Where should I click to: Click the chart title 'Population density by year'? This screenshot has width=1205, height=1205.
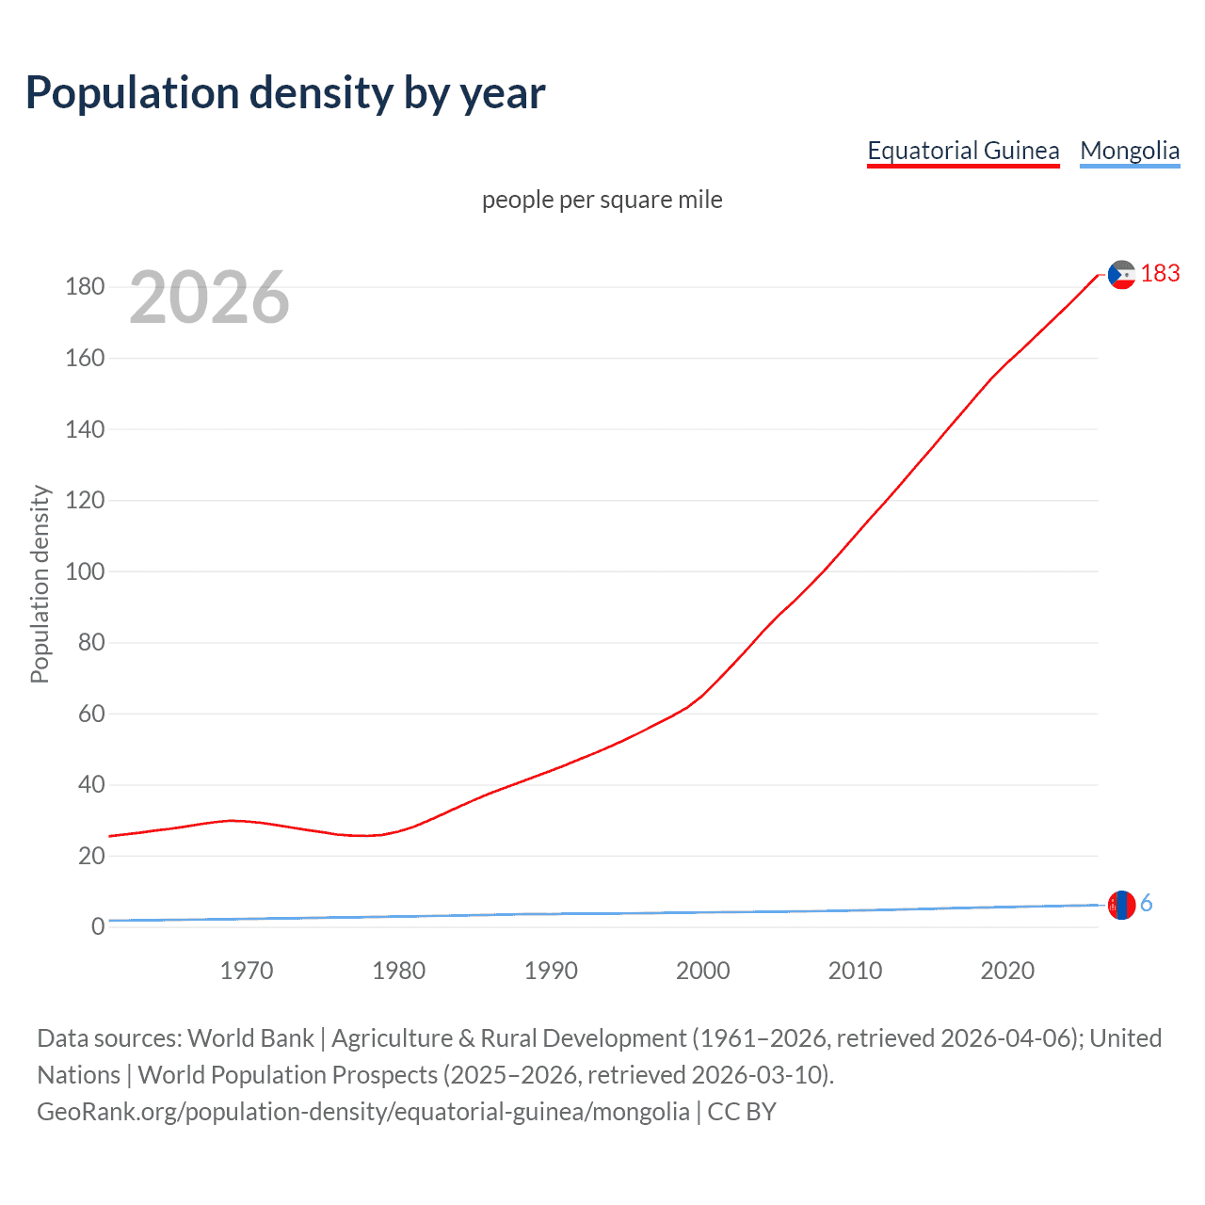coord(285,93)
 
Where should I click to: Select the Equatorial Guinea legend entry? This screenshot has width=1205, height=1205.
coord(963,151)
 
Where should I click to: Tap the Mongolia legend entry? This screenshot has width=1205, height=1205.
coord(1129,151)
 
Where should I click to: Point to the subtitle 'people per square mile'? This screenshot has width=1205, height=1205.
coord(602,200)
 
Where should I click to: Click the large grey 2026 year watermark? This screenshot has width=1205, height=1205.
coord(209,297)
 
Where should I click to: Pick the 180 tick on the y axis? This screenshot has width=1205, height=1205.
coord(85,286)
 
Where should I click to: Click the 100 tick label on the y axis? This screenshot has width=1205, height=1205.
coord(85,571)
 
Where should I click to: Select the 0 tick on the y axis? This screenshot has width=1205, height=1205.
coord(98,927)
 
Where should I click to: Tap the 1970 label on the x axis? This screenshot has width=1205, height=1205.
coord(247,971)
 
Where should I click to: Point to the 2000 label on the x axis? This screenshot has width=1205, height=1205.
coord(703,971)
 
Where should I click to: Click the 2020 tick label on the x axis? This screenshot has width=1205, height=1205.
coord(1007,971)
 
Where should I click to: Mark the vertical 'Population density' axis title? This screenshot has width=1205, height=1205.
coord(40,584)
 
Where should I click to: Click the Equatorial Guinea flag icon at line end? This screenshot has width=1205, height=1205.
coord(1121,275)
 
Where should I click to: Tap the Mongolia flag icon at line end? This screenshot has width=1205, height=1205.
coord(1121,905)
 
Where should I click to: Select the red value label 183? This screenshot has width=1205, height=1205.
coord(1160,273)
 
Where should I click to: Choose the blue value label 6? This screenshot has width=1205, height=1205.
coord(1147,904)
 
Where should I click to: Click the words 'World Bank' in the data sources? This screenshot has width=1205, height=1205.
coord(250,1038)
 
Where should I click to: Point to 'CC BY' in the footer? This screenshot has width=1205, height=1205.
coord(742,1112)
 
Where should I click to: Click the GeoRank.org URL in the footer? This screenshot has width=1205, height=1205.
coord(363,1112)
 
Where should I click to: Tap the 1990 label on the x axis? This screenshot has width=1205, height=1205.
coord(551,971)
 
